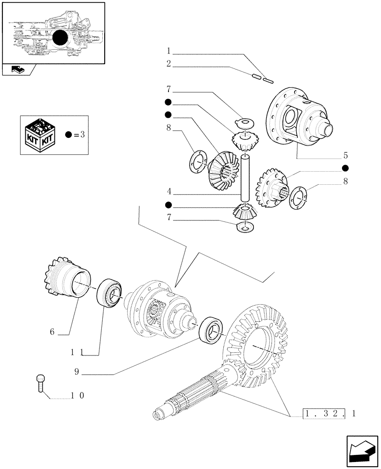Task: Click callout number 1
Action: [168, 51]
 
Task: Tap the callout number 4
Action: [168, 191]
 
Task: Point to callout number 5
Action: [345, 155]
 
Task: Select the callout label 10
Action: [77, 395]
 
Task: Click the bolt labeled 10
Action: [40, 382]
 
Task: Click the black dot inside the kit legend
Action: [69, 135]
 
